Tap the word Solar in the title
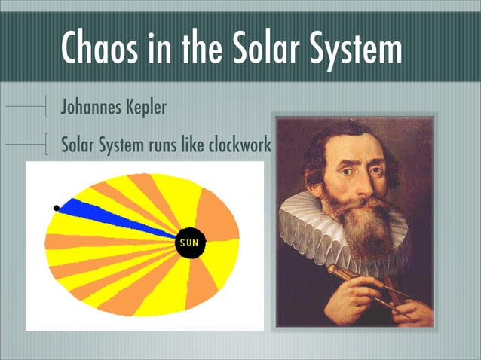point(287,47)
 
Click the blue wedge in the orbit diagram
point(113,217)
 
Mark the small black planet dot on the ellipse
point(57,208)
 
